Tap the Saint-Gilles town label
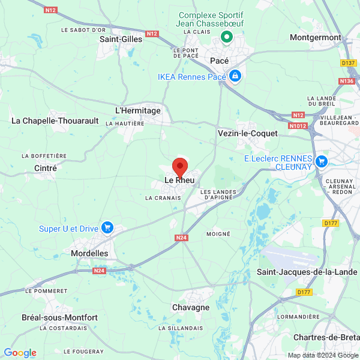(x=121, y=39)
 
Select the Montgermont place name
(x=315, y=37)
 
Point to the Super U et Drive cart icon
(x=107, y=227)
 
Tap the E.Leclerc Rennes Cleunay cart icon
(x=322, y=161)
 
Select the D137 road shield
(x=348, y=62)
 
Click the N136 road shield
(x=347, y=80)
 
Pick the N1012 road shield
(x=297, y=126)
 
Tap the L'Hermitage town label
(x=137, y=110)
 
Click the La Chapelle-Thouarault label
(x=55, y=121)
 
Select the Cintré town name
(x=46, y=169)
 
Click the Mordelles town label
(x=89, y=253)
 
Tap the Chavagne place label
(x=191, y=307)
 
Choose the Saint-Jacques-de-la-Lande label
(x=304, y=272)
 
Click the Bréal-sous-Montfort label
(x=59, y=317)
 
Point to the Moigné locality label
(x=218, y=233)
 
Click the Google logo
(x=20, y=353)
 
